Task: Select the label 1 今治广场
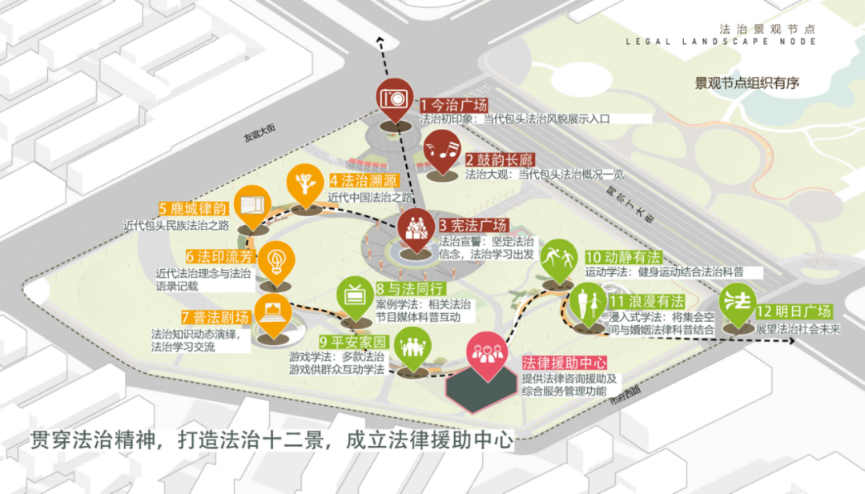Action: [x=453, y=104]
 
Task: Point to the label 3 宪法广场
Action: [x=473, y=224]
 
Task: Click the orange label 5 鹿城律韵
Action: [x=195, y=210]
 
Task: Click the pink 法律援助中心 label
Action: [x=564, y=363]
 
